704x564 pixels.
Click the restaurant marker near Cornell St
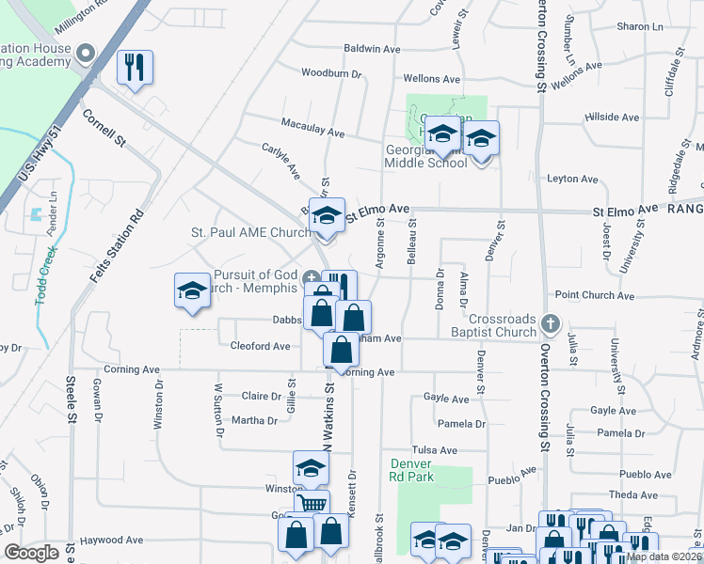click(134, 67)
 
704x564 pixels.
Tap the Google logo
click(31, 553)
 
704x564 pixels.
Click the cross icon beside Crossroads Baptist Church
click(552, 325)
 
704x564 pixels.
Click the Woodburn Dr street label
click(331, 72)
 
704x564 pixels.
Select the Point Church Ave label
click(595, 295)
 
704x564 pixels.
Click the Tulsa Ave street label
click(433, 450)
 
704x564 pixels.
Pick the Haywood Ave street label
click(111, 540)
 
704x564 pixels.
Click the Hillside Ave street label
click(612, 117)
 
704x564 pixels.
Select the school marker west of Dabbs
click(192, 290)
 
